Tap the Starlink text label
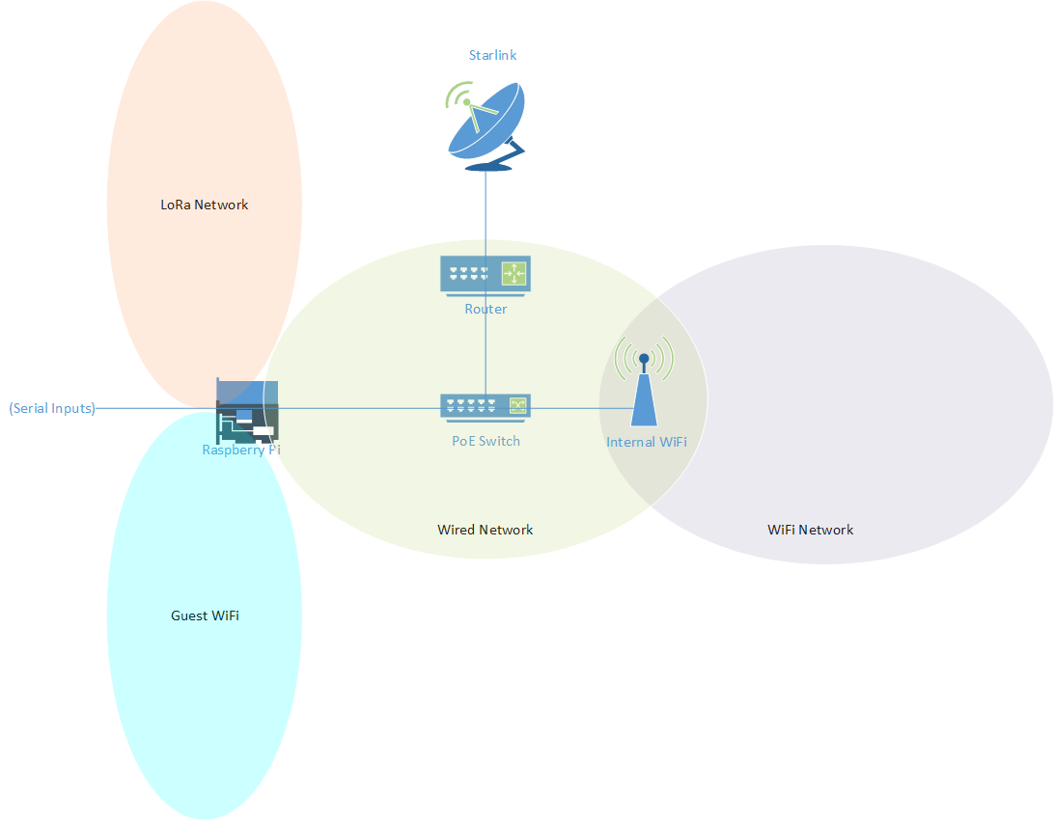click(x=492, y=55)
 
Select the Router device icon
click(x=486, y=274)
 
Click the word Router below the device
click(x=486, y=310)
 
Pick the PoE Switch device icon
click(x=486, y=406)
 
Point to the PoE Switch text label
click(x=486, y=441)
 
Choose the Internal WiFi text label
click(x=647, y=442)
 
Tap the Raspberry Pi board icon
click(x=247, y=410)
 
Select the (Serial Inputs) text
click(x=52, y=408)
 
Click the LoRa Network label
click(x=204, y=205)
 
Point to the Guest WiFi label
click(x=205, y=615)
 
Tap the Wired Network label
click(x=485, y=530)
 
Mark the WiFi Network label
click(x=810, y=530)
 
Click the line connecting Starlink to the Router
click(x=486, y=212)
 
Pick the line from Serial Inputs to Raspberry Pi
click(x=154, y=408)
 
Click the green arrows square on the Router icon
click(x=514, y=274)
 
